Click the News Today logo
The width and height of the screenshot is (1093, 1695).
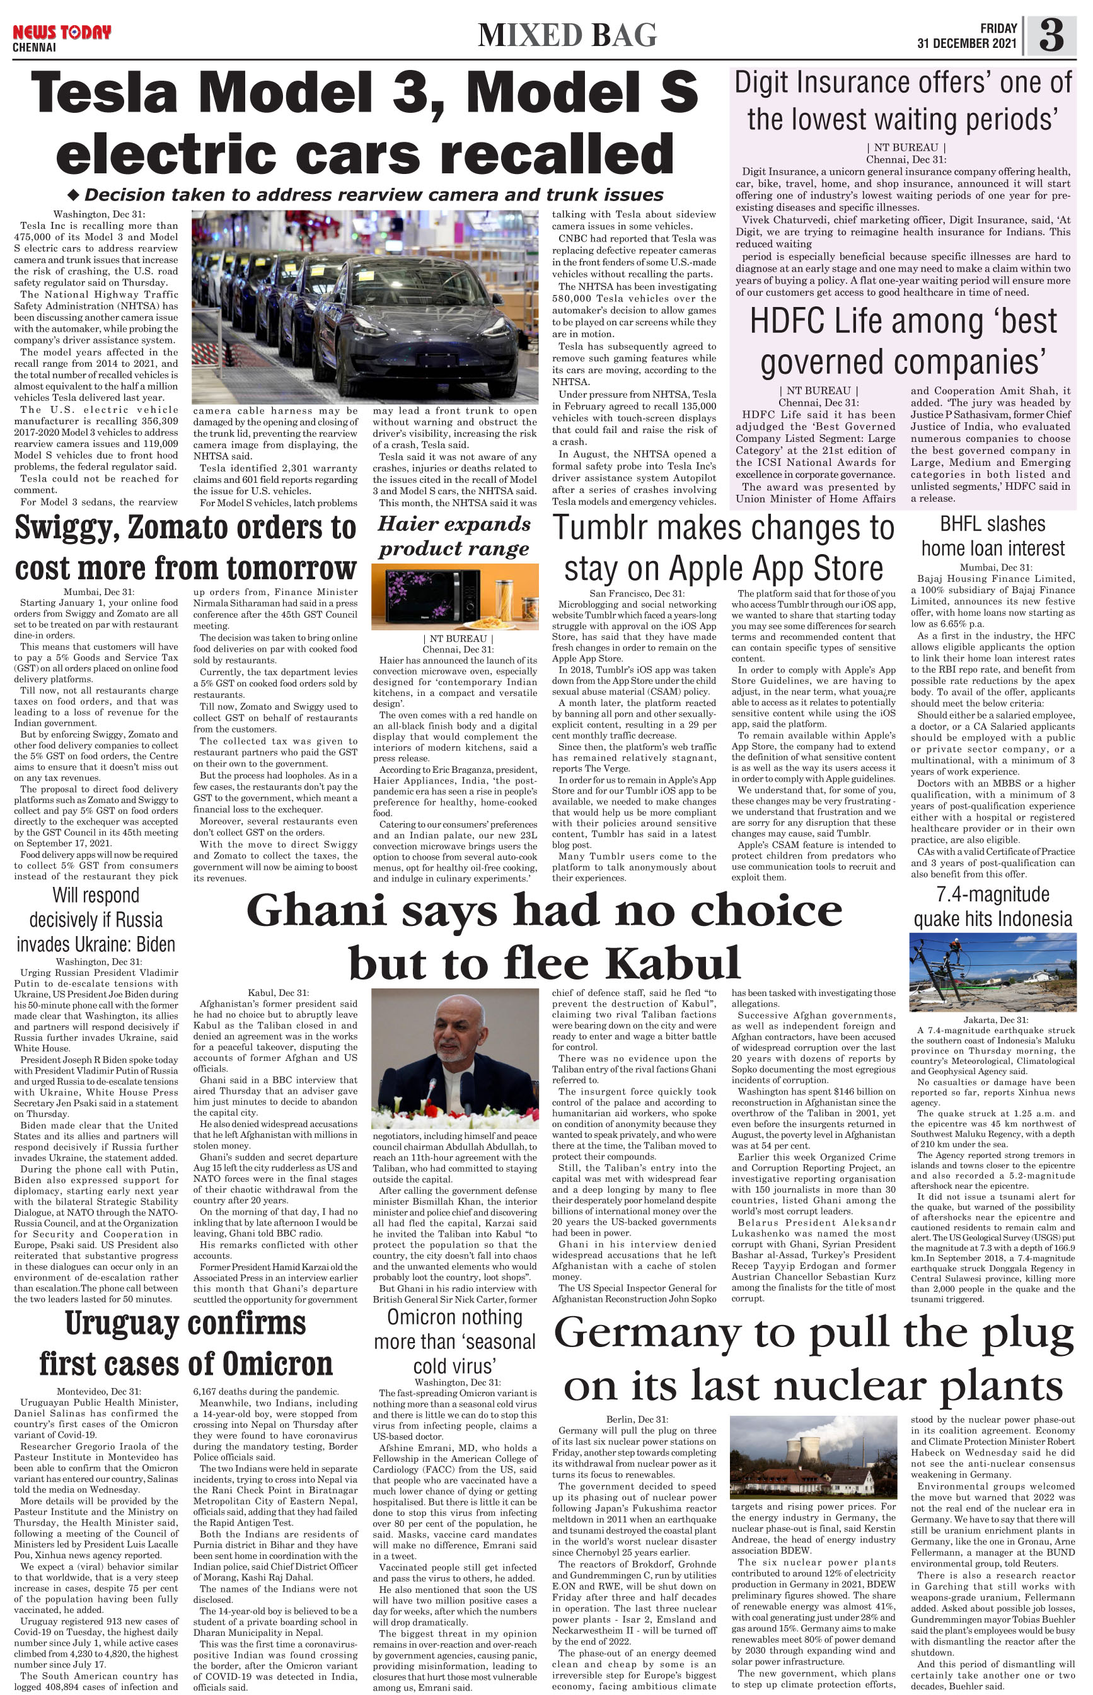62,33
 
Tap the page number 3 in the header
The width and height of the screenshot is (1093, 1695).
1052,35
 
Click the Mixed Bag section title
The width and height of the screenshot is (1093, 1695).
567,35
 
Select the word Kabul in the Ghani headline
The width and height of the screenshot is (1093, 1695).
673,963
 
